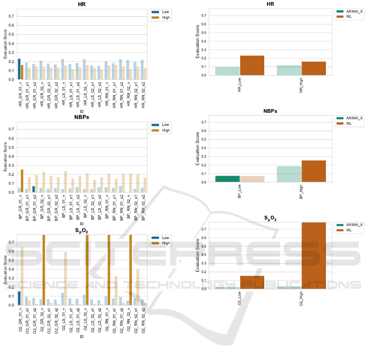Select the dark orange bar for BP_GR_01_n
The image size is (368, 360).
coord(22,181)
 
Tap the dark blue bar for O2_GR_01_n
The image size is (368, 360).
coord(19,298)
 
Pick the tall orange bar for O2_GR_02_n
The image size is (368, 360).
coord(44,270)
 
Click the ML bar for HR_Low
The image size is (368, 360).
coord(252,65)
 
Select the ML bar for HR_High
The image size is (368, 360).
coord(314,68)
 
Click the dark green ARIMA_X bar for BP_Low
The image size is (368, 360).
coord(227,179)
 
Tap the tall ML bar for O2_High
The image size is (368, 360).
coord(314,255)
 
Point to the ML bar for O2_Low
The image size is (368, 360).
coord(252,282)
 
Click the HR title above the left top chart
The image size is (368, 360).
coord(82,4)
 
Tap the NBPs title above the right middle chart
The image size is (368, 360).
coord(270,111)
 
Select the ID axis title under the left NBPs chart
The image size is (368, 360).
coord(82,224)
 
